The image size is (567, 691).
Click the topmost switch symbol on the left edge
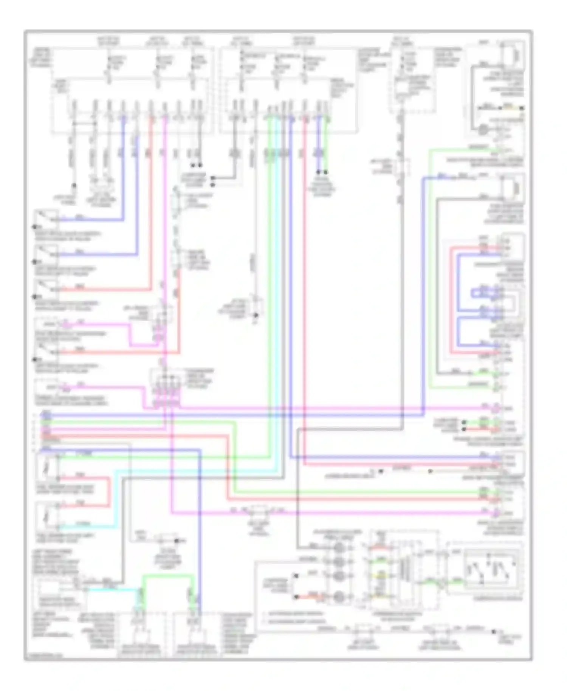(46, 218)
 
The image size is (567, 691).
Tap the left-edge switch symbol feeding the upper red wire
(46, 288)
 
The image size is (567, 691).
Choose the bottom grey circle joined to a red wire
(339, 597)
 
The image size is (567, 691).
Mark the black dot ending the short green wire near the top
(326, 172)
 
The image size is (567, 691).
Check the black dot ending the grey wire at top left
(74, 186)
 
